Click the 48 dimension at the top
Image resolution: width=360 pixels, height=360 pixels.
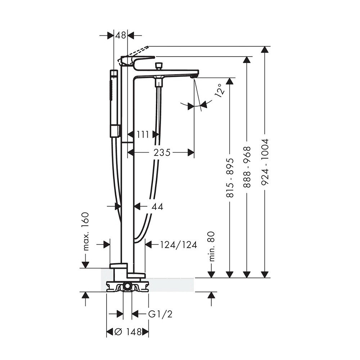click(x=121, y=35)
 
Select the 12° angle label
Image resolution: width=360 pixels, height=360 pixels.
click(x=220, y=89)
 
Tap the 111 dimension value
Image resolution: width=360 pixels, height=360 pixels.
click(x=143, y=135)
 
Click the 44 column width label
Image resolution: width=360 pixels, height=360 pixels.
click(x=157, y=206)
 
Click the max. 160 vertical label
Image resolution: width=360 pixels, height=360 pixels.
click(x=85, y=231)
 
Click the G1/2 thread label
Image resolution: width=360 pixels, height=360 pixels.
click(x=161, y=314)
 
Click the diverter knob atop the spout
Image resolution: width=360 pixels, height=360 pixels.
click(x=157, y=67)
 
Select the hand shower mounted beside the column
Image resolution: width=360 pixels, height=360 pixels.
click(x=114, y=103)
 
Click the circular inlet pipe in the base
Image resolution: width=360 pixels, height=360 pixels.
click(x=127, y=287)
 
